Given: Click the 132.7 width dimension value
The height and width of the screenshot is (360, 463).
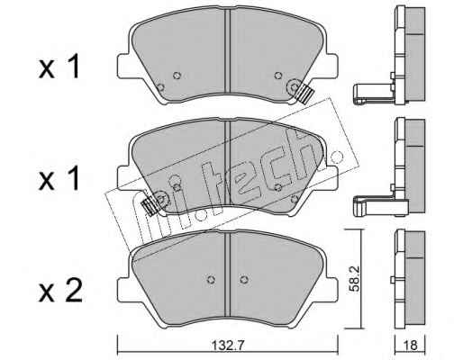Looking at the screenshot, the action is pos(228,346).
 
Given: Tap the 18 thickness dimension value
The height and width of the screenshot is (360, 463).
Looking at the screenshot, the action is pos(411,346).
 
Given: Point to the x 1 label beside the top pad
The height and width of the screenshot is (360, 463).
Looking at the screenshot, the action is pos(59,67).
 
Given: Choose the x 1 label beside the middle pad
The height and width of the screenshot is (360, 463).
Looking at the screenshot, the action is pos(59,178).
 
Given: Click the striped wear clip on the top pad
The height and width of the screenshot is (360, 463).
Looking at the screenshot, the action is pos(305,94).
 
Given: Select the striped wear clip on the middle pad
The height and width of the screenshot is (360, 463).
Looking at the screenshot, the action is pos(150,205).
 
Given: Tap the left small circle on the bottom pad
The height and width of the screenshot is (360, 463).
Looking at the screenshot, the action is pos(212,280).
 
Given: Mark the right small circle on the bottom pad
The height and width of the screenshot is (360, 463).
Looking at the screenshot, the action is pos(244,280).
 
